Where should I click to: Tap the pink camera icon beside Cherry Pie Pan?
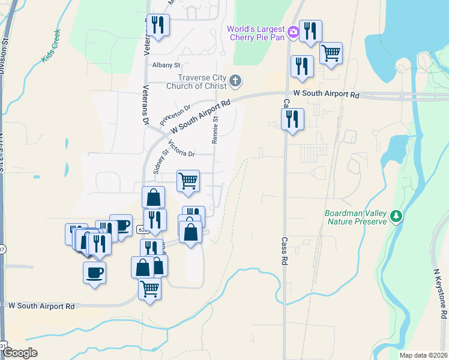293,32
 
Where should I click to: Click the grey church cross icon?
236,80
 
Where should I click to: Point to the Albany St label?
166,65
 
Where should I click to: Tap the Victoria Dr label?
181,148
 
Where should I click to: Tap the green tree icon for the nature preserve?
396,216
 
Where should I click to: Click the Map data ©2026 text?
423,355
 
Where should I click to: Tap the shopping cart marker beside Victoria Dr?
188,180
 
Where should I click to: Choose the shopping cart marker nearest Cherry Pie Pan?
331,53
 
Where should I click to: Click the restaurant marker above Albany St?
158,25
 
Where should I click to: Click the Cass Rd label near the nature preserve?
284,251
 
